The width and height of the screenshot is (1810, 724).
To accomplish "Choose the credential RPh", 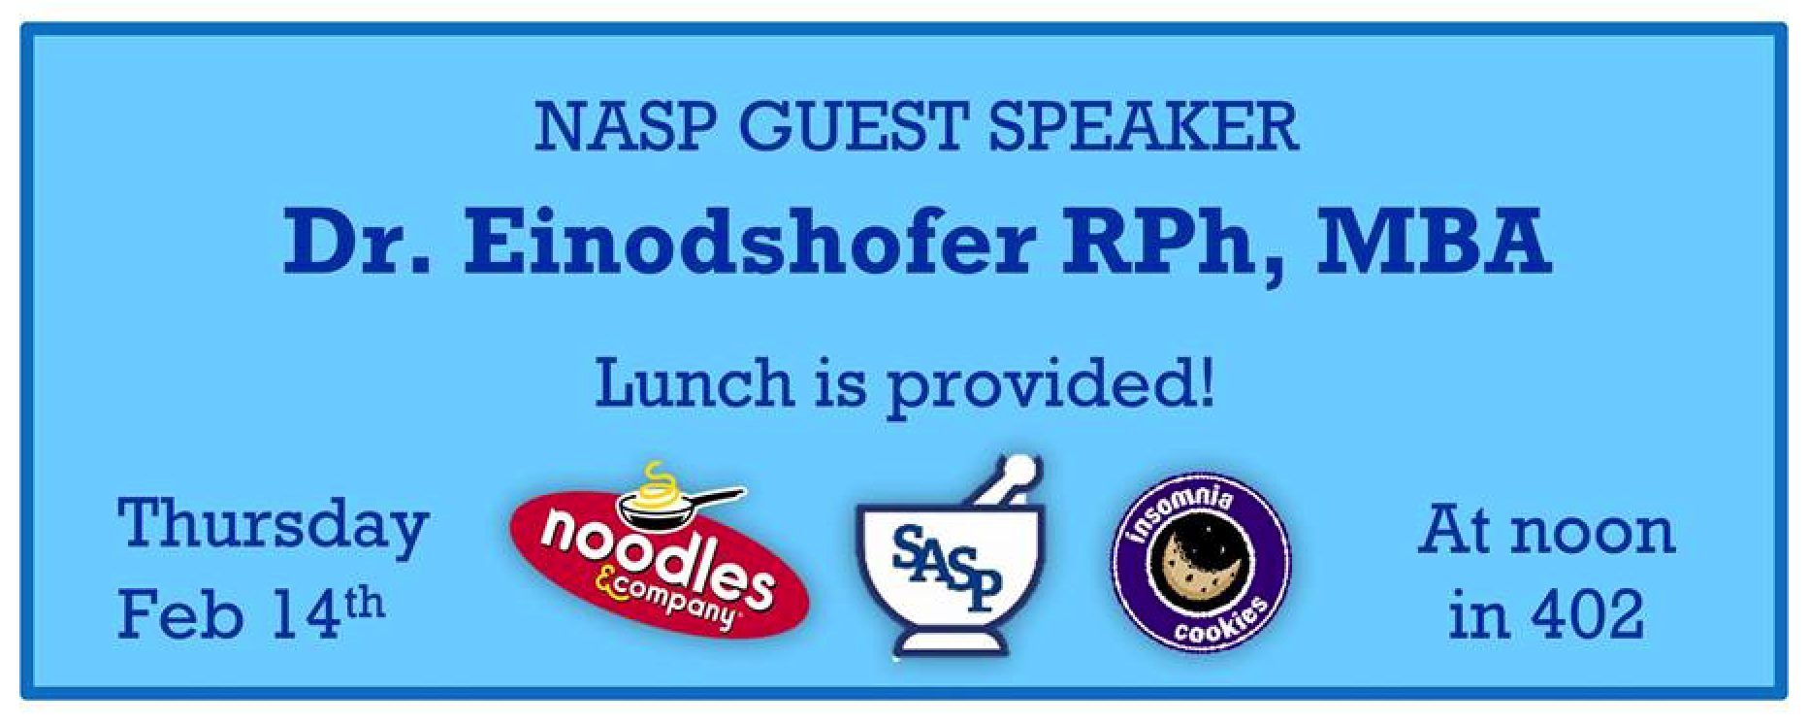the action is coord(1170,245).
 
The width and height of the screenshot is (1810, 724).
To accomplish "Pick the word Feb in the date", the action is coord(179,614).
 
